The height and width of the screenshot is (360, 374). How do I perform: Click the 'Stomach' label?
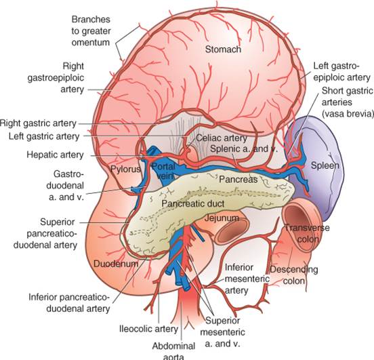[223, 49]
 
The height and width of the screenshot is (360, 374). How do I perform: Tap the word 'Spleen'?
[325, 165]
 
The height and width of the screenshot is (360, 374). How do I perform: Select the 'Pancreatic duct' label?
[192, 203]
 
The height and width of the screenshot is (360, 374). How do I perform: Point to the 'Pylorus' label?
[125, 169]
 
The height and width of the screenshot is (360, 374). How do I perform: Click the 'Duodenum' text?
[116, 264]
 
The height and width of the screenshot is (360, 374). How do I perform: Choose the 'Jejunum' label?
[222, 218]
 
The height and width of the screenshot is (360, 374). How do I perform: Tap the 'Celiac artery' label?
[222, 138]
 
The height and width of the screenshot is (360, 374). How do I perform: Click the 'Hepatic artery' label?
[55, 155]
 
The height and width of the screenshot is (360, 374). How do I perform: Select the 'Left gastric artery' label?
[44, 136]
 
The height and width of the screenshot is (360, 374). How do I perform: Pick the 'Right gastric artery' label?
[38, 123]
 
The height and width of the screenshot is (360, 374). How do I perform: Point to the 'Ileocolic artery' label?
[148, 329]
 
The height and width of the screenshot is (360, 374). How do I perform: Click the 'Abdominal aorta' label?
[173, 352]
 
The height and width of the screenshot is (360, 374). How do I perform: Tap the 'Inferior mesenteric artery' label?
[247, 279]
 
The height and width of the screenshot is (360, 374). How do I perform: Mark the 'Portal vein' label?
[163, 171]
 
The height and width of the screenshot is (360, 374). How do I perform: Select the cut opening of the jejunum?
[233, 231]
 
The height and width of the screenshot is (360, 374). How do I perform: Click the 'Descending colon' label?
[293, 275]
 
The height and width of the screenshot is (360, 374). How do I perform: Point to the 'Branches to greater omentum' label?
[91, 31]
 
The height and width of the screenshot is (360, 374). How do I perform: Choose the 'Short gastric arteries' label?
[347, 102]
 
